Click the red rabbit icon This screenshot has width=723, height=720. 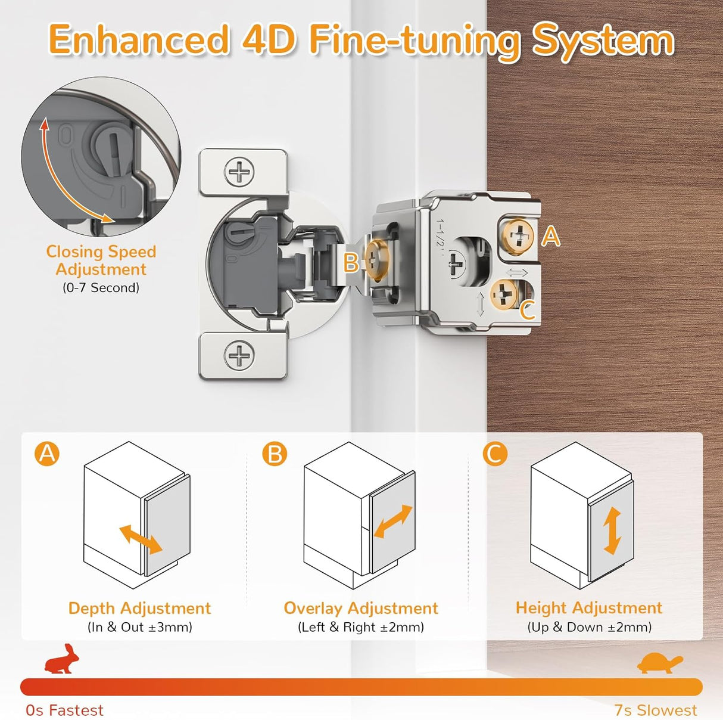[x=62, y=659]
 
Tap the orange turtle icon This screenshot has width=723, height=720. [x=659, y=663]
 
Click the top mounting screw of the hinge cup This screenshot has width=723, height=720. [x=239, y=173]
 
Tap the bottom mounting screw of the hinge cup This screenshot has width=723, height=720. [x=239, y=356]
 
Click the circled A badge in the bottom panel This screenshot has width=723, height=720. [x=47, y=454]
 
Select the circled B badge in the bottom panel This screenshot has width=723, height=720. [x=275, y=454]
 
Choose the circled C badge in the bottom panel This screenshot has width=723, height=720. [x=494, y=454]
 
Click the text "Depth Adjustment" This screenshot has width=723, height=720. [x=139, y=608]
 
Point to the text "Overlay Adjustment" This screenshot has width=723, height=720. [x=361, y=608]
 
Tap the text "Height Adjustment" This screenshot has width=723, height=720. [x=588, y=608]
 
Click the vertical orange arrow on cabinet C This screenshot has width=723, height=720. [x=612, y=531]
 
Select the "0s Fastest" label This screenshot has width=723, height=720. [x=64, y=710]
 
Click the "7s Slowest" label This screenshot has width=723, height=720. [x=655, y=710]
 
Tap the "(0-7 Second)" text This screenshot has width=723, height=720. [x=101, y=288]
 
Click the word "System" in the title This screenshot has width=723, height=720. [x=603, y=40]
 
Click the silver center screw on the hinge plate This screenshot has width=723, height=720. [x=457, y=263]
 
